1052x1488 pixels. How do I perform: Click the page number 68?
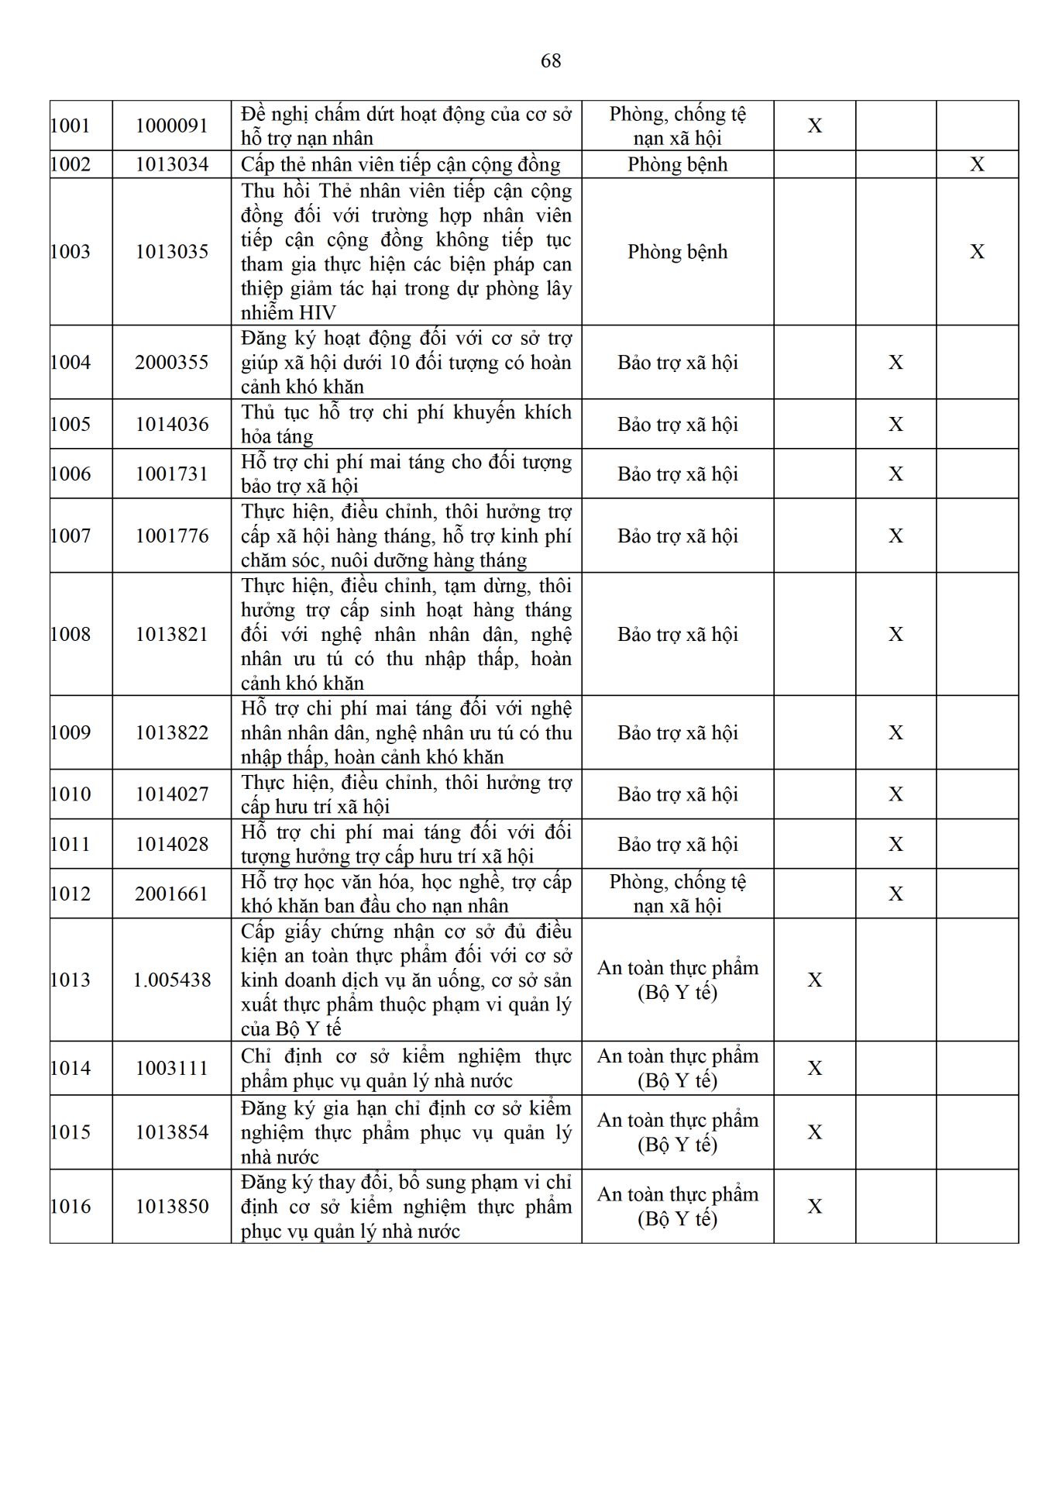tap(551, 60)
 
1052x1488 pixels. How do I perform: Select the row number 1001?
tap(70, 126)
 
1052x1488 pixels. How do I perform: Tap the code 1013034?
tap(172, 164)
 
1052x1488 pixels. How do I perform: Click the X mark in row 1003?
tap(977, 252)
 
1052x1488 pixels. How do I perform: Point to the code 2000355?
tap(172, 362)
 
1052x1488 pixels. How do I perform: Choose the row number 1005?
tap(70, 424)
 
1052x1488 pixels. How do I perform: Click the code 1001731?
tap(172, 474)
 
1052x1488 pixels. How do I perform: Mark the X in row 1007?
tap(896, 536)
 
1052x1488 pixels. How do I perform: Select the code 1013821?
tap(172, 634)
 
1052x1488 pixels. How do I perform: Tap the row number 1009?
tap(70, 732)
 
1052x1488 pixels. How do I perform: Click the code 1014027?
tap(172, 794)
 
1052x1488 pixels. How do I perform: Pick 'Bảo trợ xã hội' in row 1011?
tap(677, 844)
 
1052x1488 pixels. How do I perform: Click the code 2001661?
tap(172, 894)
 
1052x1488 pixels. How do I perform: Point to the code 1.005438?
tap(172, 980)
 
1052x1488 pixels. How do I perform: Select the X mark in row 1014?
tap(815, 1068)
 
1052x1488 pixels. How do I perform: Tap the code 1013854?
tap(172, 1132)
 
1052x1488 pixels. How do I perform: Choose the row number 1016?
tap(70, 1206)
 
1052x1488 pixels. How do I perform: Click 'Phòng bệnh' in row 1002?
tap(677, 164)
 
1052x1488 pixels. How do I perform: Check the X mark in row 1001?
tap(815, 126)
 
